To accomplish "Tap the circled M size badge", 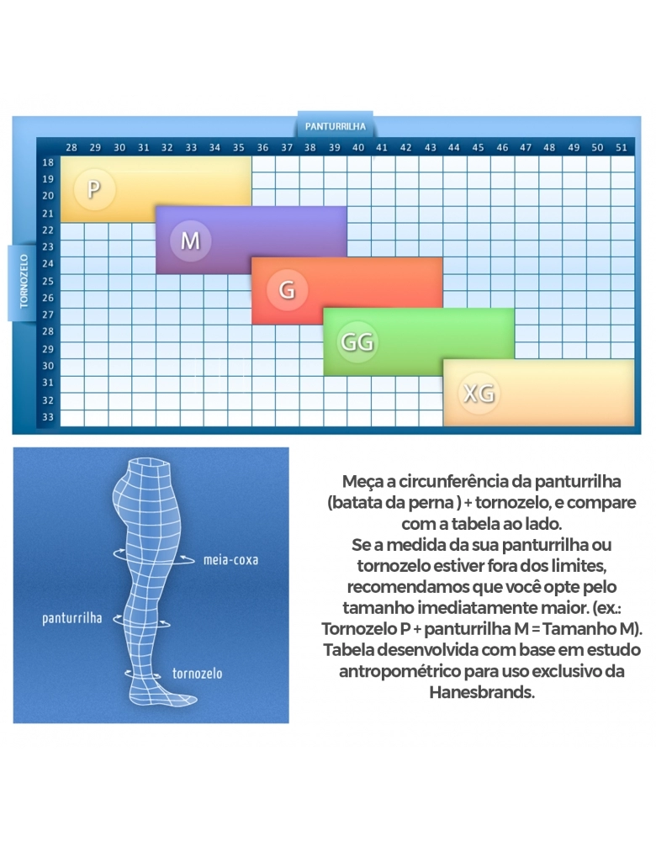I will tap(190, 241).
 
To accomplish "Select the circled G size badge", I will tap(287, 290).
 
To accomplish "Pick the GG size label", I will tap(357, 342).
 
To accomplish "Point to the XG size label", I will tap(478, 393).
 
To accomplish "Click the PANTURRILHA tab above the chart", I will tap(336, 127).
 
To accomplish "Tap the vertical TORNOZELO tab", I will tap(24, 282).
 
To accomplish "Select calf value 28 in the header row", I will tap(71, 147).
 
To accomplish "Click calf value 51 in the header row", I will tap(622, 147).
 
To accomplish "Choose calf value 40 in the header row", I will tap(358, 147).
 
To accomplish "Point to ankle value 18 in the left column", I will tap(48, 162).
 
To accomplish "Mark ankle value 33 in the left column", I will tap(48, 417).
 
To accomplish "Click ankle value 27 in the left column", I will tap(48, 315).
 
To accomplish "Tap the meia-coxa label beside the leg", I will tap(230, 559).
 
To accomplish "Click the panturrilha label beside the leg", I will tap(72, 618).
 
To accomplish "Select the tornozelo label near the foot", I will tap(197, 674).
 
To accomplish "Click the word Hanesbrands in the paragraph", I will tap(481, 693).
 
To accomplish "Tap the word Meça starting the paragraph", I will tap(361, 483).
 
